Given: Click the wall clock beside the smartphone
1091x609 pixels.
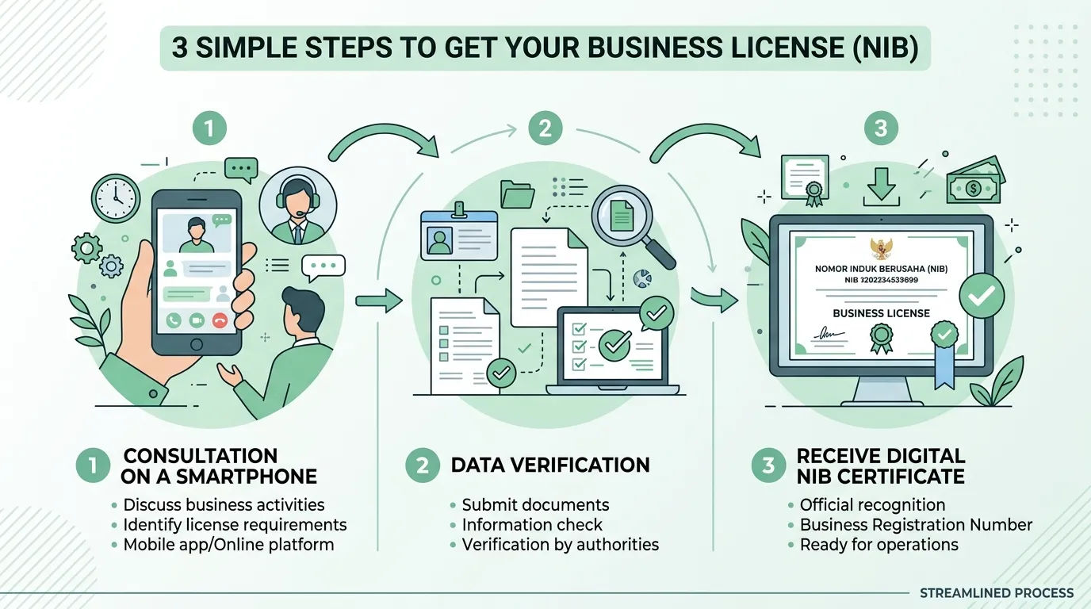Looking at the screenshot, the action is (x=116, y=198).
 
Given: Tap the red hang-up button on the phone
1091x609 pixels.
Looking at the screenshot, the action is (x=220, y=320).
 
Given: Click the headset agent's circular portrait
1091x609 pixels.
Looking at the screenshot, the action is (x=297, y=206).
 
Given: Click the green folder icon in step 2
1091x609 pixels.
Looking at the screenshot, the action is (x=517, y=194).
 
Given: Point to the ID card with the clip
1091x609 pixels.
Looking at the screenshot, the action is (x=459, y=233).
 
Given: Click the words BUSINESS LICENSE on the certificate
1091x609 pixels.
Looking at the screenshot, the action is (x=881, y=313).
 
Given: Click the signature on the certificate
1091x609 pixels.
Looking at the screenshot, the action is (x=829, y=334).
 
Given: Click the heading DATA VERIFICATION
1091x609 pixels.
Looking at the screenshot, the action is (x=550, y=465).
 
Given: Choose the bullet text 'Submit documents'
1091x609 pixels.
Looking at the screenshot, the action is (x=535, y=505).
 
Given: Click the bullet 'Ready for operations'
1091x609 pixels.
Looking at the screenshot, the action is (x=879, y=544).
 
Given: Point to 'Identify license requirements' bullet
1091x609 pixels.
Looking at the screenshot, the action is (x=235, y=525).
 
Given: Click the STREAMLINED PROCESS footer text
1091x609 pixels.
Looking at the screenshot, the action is (x=997, y=593).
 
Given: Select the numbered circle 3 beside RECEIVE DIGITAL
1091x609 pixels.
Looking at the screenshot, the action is (x=768, y=465).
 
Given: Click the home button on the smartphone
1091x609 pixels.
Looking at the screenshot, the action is (x=197, y=344).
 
